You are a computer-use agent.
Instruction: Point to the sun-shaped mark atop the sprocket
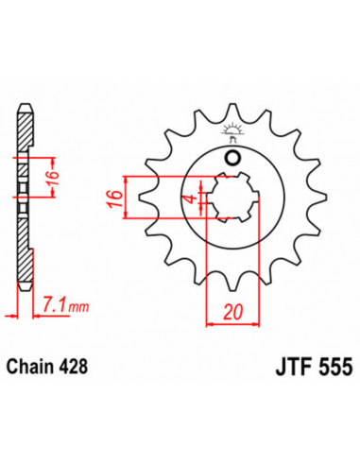tap(232, 131)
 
